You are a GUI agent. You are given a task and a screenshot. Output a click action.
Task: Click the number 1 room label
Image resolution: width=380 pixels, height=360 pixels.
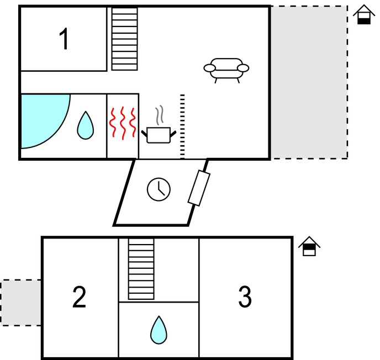(x=65, y=40)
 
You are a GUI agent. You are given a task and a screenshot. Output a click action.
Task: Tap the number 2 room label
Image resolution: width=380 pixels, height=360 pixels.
(x=80, y=298)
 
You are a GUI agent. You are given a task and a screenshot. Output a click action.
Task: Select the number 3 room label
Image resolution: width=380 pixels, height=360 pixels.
(x=245, y=298)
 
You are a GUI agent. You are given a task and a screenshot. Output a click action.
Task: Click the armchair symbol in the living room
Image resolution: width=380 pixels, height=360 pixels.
(x=226, y=69)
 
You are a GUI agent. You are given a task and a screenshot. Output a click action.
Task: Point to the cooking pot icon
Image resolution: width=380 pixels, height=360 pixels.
(x=159, y=135)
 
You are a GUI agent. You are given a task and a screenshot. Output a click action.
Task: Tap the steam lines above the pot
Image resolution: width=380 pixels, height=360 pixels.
(x=160, y=115)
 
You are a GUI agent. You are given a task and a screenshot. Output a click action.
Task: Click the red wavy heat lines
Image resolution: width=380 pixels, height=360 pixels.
(x=123, y=123)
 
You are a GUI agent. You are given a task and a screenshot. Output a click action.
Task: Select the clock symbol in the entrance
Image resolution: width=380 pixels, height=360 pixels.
(x=159, y=189)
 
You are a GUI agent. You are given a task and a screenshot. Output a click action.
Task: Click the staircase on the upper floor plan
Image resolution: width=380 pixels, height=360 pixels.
(x=124, y=39)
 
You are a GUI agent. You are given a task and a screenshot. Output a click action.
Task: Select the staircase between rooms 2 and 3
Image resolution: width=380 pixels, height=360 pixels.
(x=141, y=269)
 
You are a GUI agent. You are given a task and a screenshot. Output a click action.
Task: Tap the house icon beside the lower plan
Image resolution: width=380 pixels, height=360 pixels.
(x=309, y=246)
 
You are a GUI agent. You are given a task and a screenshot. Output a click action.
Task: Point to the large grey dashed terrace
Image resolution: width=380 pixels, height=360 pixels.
(x=309, y=83)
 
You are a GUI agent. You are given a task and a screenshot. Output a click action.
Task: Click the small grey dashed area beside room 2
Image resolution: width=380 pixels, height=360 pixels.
(x=21, y=302)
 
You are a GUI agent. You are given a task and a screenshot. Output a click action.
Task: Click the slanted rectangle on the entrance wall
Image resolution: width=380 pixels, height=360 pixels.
(x=199, y=188)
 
